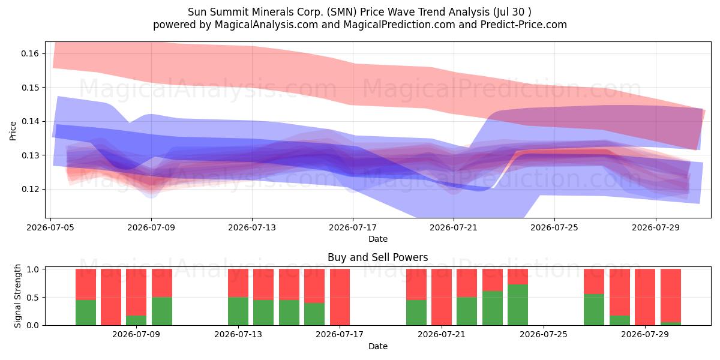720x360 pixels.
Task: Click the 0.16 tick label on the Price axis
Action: point(29,53)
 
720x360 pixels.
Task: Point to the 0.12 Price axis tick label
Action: point(29,190)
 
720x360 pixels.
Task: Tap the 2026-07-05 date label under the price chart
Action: point(50,227)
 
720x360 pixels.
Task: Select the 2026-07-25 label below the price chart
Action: point(554,227)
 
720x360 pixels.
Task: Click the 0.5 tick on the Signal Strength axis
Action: point(32,298)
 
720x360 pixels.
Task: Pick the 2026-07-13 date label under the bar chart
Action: point(238,334)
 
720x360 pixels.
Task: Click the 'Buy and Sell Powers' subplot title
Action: point(377,257)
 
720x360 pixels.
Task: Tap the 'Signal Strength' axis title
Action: point(17,296)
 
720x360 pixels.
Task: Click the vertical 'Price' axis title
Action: point(13,131)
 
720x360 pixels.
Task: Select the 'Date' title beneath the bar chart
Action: point(377,346)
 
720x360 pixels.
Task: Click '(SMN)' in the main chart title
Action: point(341,12)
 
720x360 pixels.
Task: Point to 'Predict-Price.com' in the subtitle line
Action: point(524,25)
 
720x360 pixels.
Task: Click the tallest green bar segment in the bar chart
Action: point(517,305)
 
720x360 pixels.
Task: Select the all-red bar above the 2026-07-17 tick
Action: point(340,297)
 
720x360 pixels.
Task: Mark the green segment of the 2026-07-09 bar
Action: point(136,320)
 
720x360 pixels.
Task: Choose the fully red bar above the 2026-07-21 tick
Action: point(442,297)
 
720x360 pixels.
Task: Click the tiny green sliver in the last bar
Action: point(671,323)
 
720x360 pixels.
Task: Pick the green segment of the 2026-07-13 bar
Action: point(238,311)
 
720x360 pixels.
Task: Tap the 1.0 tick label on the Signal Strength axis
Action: point(32,269)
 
